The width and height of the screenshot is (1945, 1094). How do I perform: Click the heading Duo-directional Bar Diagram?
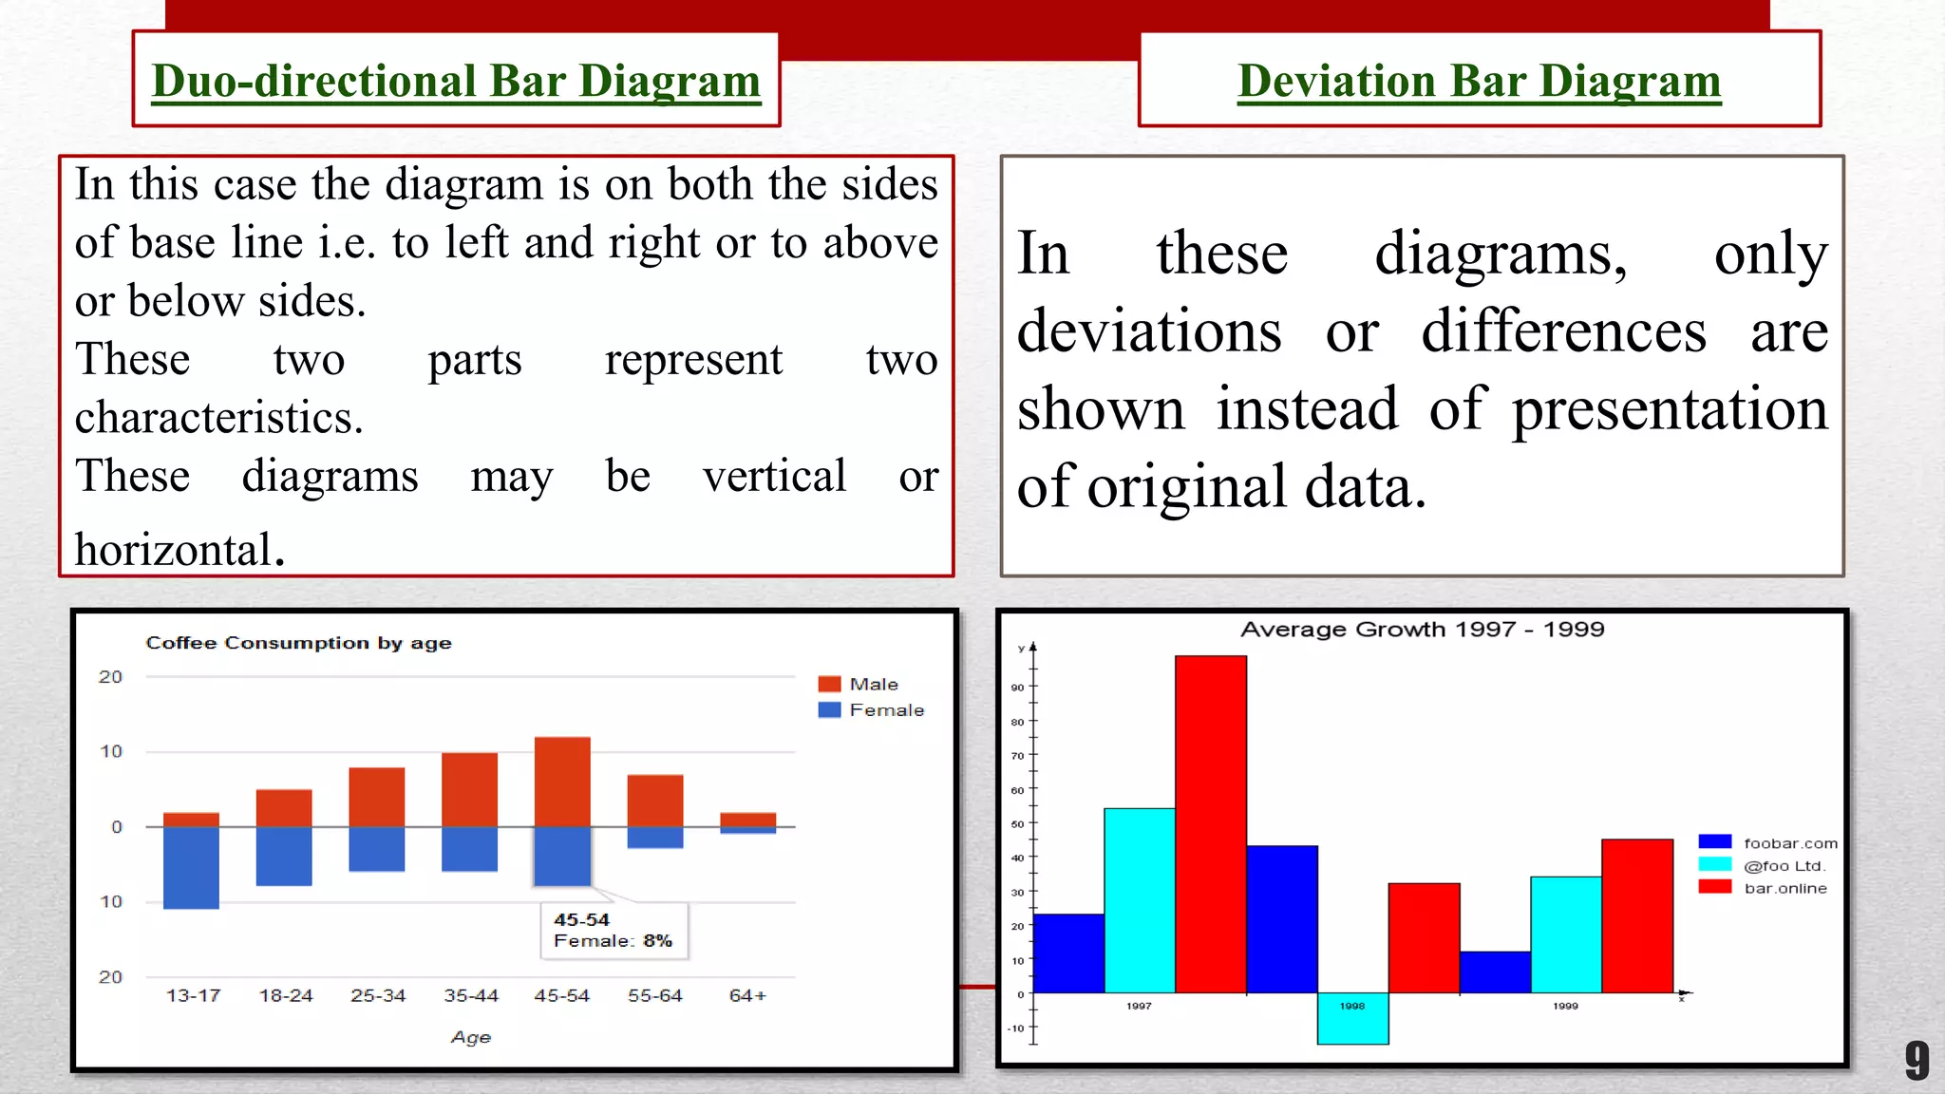[x=456, y=81]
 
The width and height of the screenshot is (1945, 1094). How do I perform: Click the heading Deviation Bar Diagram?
[x=1479, y=81]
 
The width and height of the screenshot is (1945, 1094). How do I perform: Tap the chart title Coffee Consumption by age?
[x=298, y=643]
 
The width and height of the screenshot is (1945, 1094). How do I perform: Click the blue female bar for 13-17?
[x=191, y=867]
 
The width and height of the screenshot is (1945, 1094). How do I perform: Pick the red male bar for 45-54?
[x=562, y=781]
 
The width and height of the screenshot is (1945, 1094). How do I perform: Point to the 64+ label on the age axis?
[x=747, y=995]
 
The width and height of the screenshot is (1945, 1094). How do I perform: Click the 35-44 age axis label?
[x=471, y=995]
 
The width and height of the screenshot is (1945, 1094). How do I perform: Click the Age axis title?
[x=471, y=1037]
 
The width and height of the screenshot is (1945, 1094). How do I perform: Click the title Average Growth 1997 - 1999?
[x=1422, y=630]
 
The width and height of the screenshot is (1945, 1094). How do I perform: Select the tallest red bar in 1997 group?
[x=1210, y=823]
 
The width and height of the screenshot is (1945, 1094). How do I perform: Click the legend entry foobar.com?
[x=1789, y=843]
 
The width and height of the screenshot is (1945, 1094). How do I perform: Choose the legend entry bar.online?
[x=1784, y=888]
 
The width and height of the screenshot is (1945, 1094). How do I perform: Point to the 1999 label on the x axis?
[x=1565, y=1006]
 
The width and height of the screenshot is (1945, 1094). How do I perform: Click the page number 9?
[x=1917, y=1061]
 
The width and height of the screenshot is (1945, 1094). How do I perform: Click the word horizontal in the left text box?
[x=174, y=550]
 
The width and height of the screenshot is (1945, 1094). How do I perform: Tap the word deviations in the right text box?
[x=1149, y=331]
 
